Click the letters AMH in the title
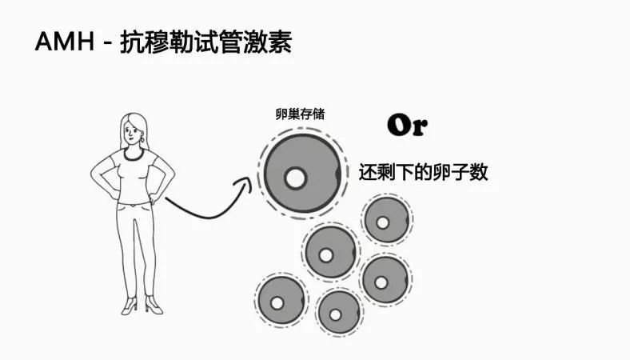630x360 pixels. [63, 41]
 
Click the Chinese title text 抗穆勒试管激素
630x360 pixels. [205, 41]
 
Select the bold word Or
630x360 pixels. [407, 126]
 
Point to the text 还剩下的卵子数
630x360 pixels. [423, 171]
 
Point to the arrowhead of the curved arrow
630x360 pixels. [245, 185]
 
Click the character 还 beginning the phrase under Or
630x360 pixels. [367, 171]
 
